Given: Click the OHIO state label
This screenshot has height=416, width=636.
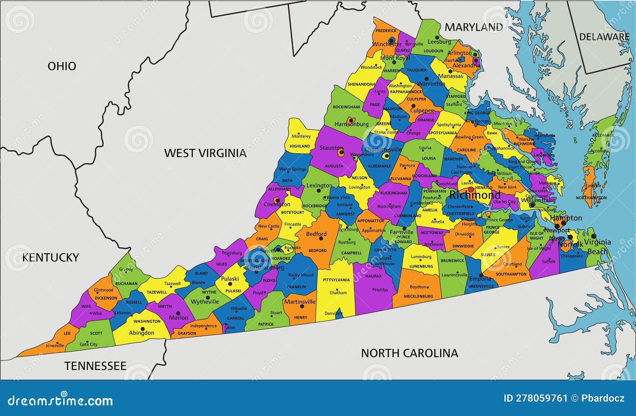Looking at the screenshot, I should (x=62, y=66).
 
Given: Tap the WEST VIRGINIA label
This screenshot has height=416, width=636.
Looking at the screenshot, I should (x=205, y=153).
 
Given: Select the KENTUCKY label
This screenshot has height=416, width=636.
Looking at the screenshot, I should (x=50, y=257).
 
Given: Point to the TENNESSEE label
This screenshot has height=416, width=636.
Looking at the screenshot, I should (x=95, y=366).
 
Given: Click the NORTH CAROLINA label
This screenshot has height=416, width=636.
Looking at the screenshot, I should (x=409, y=353).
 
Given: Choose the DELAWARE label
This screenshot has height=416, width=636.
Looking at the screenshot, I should (x=604, y=37).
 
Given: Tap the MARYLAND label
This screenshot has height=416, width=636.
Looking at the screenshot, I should (x=473, y=27).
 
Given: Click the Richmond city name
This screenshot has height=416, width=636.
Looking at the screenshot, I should (x=475, y=195).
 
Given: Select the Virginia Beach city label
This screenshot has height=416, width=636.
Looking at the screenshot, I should (x=597, y=246).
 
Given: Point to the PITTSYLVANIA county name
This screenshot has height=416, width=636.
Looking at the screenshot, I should (x=336, y=280).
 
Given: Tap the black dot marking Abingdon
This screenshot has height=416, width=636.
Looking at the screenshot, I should (x=142, y=329).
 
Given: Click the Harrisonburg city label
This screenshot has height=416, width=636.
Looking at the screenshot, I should (x=351, y=124).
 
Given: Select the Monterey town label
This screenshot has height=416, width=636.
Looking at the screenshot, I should (x=301, y=136).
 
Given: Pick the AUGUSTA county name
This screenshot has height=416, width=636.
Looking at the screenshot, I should (x=334, y=166).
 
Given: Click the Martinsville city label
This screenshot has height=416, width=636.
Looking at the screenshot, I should (x=299, y=302).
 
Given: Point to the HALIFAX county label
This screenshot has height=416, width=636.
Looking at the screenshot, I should (x=373, y=276).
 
